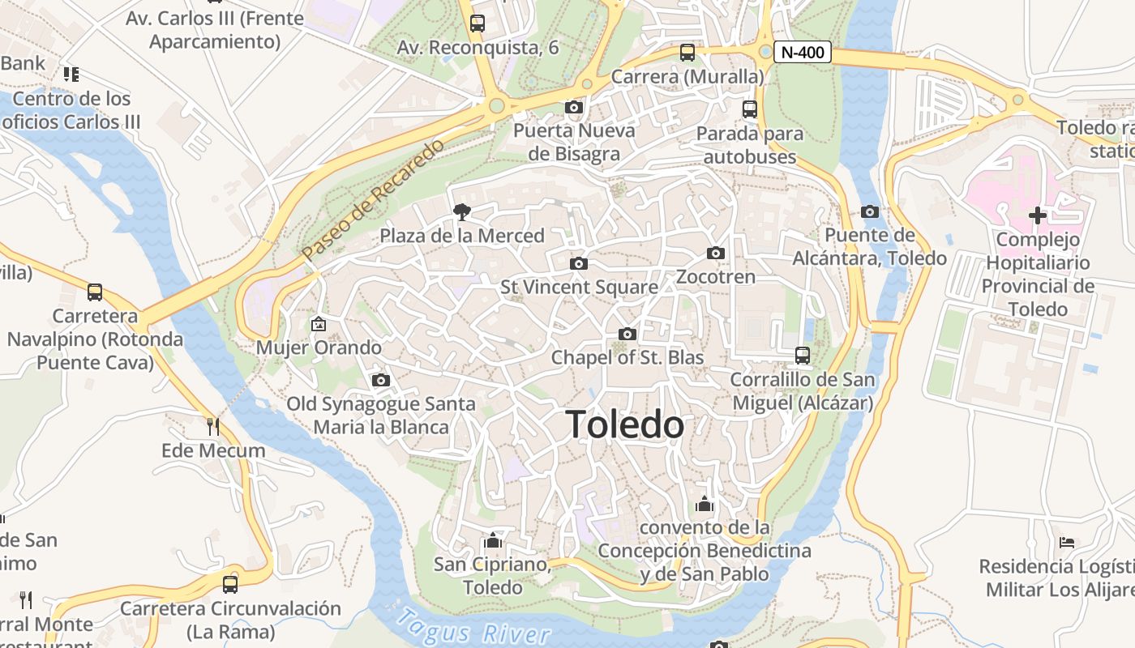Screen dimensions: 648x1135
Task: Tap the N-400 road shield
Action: [803, 53]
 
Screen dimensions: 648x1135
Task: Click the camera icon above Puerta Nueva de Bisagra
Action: [574, 107]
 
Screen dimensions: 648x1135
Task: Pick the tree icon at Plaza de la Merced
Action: [462, 212]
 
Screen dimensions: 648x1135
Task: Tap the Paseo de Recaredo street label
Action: [374, 200]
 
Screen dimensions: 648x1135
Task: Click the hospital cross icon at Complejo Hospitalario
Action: [1037, 215]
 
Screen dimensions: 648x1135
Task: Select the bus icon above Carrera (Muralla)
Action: [687, 53]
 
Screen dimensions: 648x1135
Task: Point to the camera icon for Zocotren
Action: [715, 254]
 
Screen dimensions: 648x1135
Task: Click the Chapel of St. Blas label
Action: [627, 357]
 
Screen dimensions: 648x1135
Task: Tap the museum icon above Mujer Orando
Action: [319, 324]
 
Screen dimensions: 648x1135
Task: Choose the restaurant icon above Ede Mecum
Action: [213, 426]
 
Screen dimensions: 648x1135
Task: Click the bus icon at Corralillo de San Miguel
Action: [803, 355]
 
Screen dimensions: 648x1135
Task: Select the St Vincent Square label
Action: [579, 287]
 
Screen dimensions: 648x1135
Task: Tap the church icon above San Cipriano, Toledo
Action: [492, 540]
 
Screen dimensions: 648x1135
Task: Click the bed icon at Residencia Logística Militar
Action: [1067, 542]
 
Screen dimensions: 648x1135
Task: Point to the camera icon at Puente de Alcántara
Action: [870, 212]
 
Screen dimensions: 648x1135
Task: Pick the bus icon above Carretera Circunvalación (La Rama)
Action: [230, 584]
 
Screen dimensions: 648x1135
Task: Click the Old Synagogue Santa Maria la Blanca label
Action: [381, 415]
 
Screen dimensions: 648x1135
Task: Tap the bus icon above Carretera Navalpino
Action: [95, 292]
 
